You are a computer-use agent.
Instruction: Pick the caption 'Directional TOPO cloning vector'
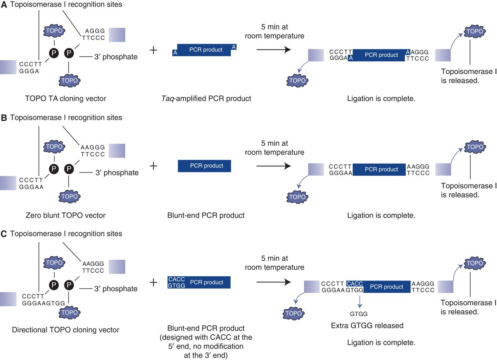pos(66,330)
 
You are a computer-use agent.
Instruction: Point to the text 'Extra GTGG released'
pos(367,325)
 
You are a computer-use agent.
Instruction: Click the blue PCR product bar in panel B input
pos(204,166)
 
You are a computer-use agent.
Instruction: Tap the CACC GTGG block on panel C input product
pos(176,282)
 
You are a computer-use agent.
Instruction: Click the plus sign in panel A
pos(153,50)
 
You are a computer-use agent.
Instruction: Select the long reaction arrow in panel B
pos(274,166)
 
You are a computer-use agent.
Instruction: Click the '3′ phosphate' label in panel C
pos(116,289)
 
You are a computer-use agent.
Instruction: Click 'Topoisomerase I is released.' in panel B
pos(468,190)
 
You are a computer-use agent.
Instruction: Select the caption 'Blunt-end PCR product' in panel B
pos(206,215)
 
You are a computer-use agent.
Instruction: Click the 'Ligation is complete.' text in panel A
pos(381,99)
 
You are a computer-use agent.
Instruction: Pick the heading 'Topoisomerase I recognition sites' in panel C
pos(66,234)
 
